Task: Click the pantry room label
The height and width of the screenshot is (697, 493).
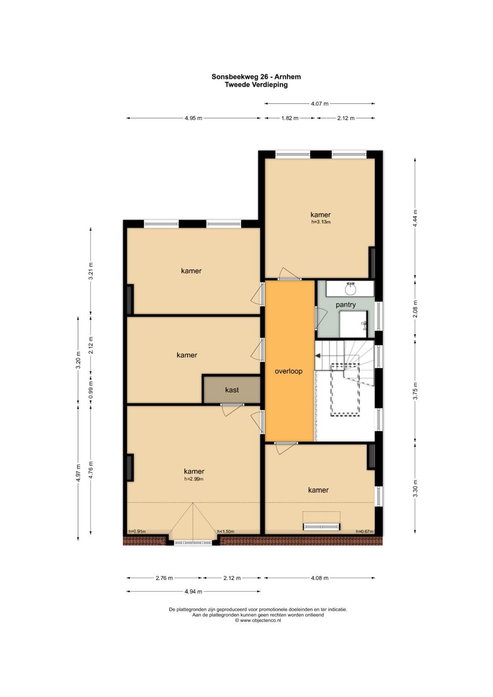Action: pos(346,305)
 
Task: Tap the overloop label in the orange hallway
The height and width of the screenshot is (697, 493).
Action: pos(288,371)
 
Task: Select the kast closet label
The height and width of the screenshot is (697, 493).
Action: pos(232,390)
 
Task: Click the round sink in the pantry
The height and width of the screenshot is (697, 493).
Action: pos(351,290)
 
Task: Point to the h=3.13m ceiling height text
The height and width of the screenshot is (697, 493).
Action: pos(320,222)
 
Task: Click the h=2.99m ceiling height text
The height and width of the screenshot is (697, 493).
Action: pos(194,479)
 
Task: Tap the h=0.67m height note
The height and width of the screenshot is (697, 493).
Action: pos(364,531)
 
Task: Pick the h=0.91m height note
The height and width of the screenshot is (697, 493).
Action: pos(137,531)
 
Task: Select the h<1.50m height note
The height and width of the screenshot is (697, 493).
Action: pos(226,531)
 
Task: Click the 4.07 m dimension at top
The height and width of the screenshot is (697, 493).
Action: pos(320,104)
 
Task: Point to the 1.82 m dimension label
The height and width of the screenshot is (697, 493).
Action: pos(290,118)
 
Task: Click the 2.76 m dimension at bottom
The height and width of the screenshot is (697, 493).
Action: pos(164,578)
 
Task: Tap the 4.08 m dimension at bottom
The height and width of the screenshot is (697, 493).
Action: pos(320,578)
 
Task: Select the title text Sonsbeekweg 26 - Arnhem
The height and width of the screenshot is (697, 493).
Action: pos(256,77)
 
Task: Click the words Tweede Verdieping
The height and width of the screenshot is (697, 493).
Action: pos(256,84)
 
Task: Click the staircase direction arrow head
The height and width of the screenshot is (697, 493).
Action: pos(317,355)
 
